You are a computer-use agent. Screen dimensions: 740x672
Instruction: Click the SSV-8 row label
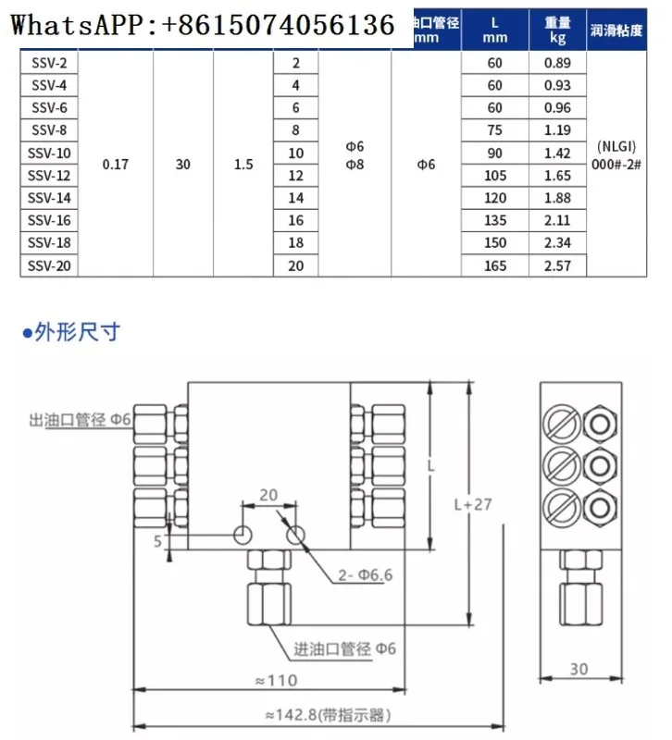tap(48, 129)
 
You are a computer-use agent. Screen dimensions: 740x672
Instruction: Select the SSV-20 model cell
tap(48, 265)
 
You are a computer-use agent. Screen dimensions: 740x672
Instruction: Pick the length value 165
tap(494, 265)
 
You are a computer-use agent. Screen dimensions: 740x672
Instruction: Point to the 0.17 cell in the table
tap(116, 164)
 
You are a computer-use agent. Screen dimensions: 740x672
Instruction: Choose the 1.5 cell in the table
tap(243, 164)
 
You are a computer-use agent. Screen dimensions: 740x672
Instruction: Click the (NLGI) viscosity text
tap(615, 146)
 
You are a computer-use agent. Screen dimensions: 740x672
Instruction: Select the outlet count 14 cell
tap(296, 198)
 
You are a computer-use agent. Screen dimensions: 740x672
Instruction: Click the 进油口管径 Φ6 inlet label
tap(344, 648)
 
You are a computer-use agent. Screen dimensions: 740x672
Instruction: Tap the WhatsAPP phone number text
tap(203, 25)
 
